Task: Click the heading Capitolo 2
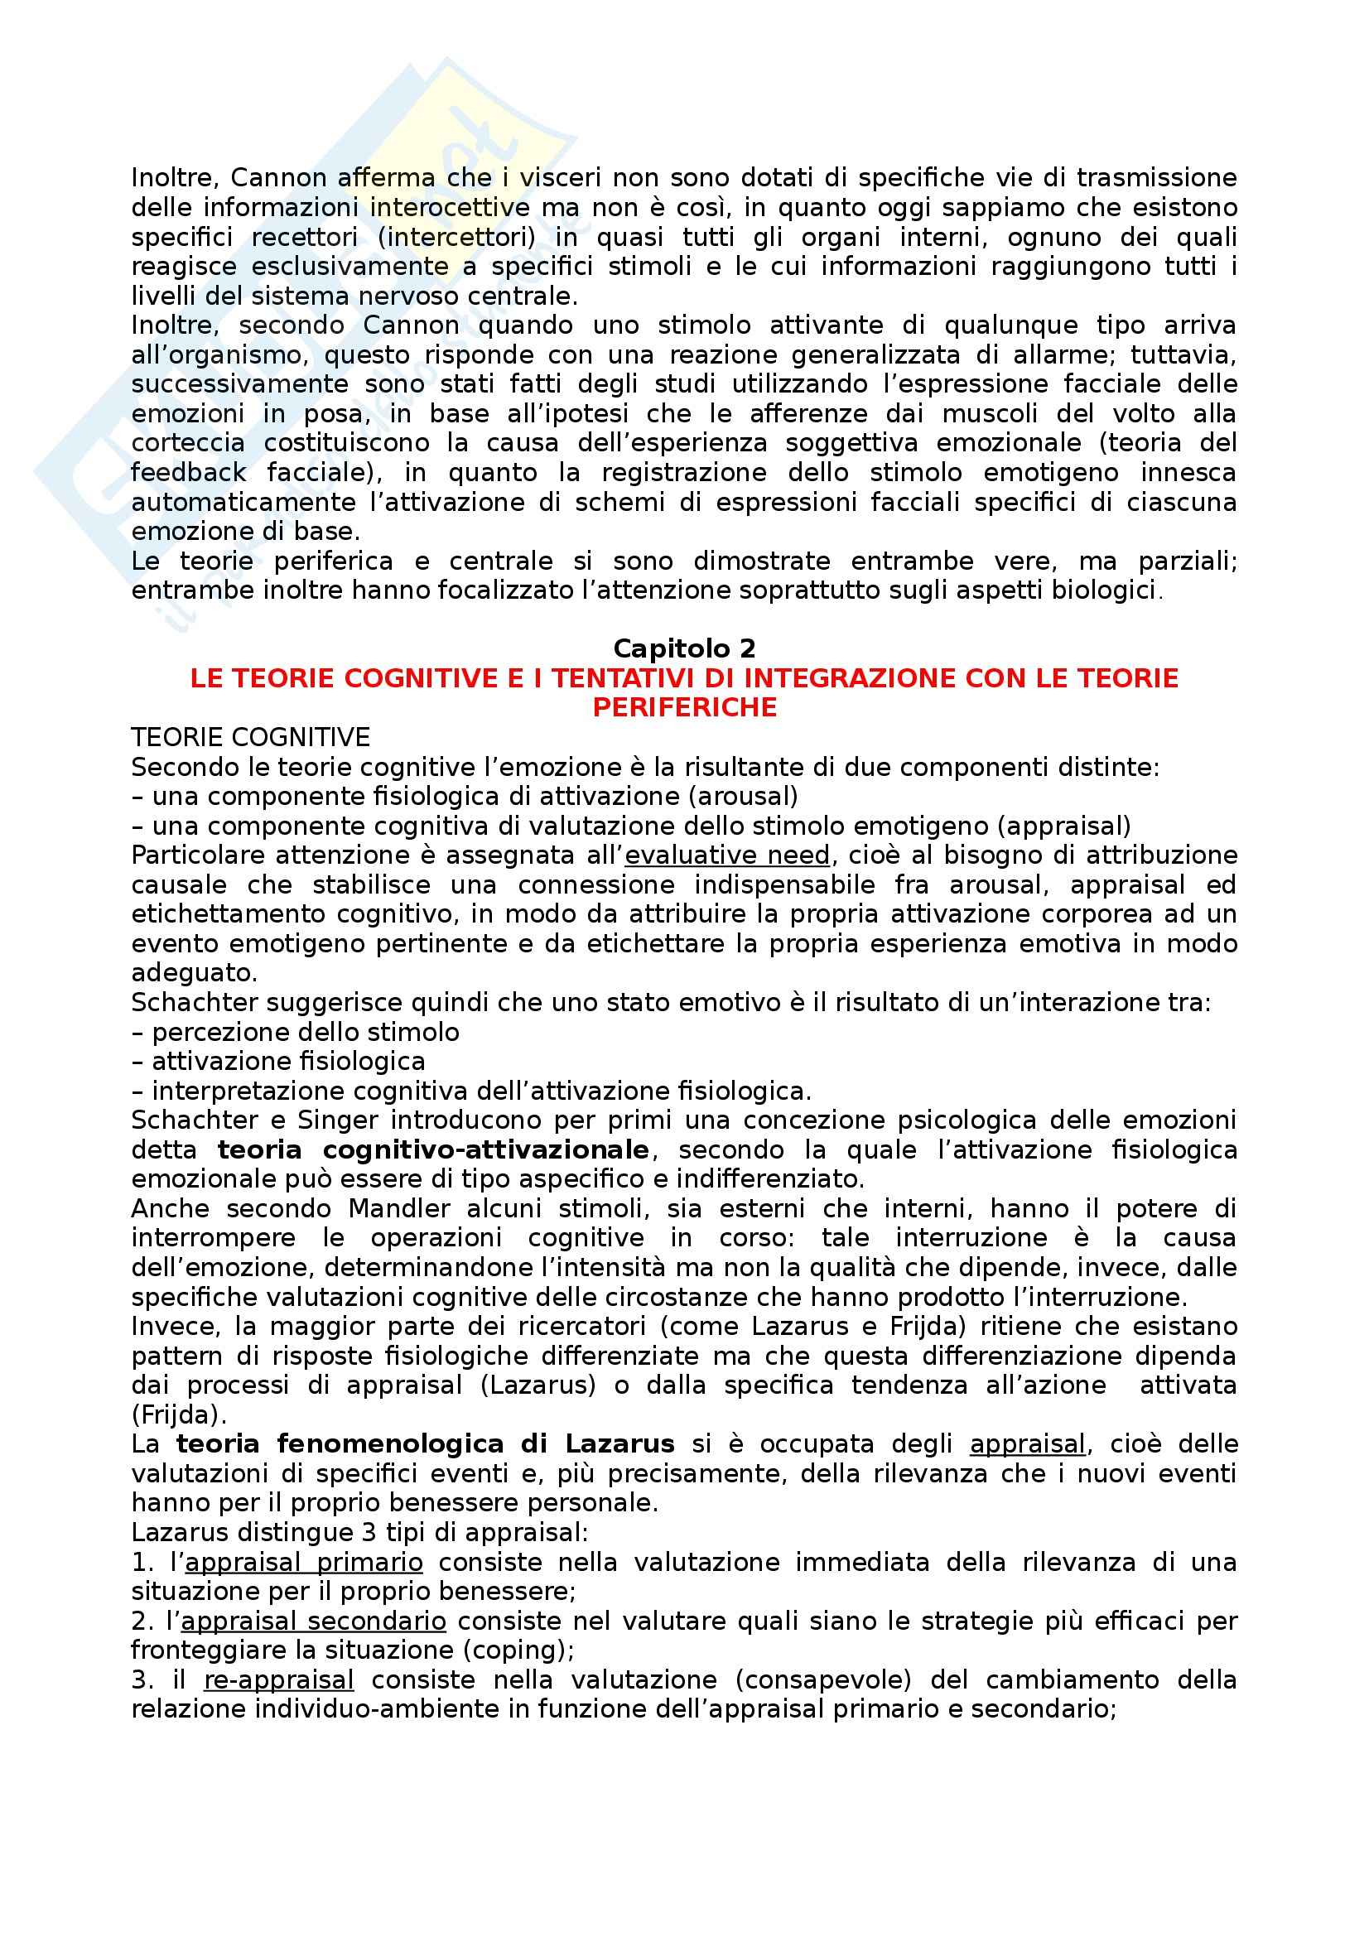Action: (684, 648)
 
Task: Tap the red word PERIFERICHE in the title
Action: (684, 707)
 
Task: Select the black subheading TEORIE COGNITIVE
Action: (250, 737)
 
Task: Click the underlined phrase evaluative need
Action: (728, 855)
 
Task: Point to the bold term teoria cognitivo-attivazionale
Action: (432, 1150)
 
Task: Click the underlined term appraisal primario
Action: (304, 1562)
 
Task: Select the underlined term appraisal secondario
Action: (314, 1621)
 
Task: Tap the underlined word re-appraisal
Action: (278, 1679)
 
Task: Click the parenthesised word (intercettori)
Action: (456, 237)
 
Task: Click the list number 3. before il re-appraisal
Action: (142, 1679)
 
